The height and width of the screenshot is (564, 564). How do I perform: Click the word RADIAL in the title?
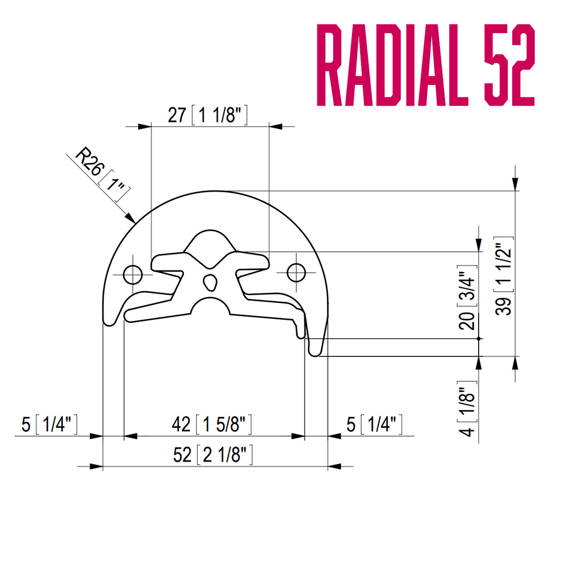coord(392,65)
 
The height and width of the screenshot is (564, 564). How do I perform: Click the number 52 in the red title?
coord(509,65)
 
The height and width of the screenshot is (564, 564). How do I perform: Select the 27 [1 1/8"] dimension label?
coord(208,115)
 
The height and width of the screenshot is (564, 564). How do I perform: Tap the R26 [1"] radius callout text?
coord(102,174)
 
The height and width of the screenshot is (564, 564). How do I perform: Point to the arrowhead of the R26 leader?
coord(131,218)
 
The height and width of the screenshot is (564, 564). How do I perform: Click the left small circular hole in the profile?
coord(133,275)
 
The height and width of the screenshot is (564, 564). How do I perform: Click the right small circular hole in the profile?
coord(296,273)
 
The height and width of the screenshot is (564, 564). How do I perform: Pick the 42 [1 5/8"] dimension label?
coord(211,424)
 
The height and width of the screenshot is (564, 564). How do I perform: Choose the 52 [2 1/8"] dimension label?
coord(213,454)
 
